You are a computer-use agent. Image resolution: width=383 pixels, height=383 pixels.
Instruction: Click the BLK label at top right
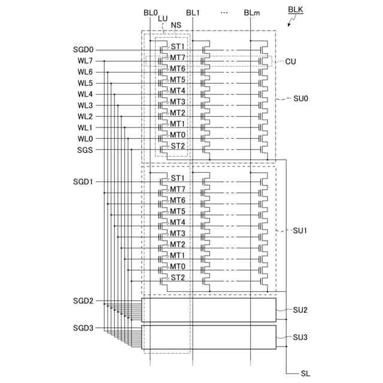pos(296,11)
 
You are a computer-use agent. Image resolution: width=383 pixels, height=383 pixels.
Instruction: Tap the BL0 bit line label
pos(150,12)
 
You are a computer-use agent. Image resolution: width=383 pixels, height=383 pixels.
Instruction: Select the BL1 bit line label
pos(193,12)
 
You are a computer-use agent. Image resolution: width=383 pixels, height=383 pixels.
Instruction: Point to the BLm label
pos(251,12)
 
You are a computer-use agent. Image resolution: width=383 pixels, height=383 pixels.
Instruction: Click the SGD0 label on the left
pos(83,50)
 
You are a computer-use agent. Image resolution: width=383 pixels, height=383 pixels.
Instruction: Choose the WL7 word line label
pos(84,61)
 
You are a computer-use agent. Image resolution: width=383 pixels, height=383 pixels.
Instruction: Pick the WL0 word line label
pos(84,139)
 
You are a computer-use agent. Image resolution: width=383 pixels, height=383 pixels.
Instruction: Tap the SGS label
pos(84,150)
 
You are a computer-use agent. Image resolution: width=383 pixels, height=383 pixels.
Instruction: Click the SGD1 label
pos(83,181)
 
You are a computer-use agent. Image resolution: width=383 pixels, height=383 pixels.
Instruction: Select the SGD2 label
pos(83,301)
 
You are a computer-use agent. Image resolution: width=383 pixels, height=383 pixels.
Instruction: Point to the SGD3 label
pos(83,328)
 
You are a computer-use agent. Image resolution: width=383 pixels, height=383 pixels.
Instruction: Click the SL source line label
pos(306,373)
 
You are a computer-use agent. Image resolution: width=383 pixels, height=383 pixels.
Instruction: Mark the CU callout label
pos(291,61)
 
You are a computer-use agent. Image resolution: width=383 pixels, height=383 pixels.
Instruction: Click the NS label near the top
pos(176,25)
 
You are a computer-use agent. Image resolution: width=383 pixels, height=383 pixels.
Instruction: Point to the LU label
pos(163,19)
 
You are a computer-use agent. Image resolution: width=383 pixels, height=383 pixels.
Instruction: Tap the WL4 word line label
pos(84,95)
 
